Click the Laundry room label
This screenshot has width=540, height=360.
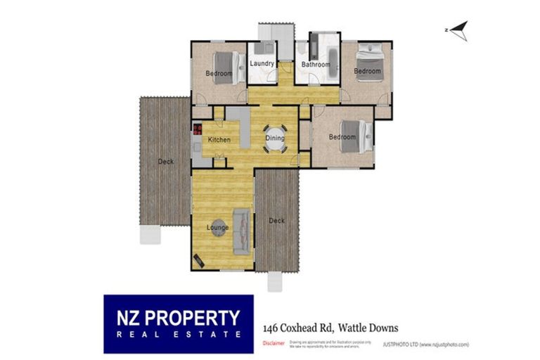pos(262,63)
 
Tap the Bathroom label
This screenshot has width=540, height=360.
pos(316,65)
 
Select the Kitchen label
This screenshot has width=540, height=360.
pos(219,140)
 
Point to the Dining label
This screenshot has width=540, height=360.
pos(275,138)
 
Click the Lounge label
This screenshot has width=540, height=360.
pos(218,227)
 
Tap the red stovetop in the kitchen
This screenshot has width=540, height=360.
pos(198,129)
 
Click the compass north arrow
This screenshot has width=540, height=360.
pos(458,30)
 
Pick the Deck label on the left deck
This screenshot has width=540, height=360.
pos(166,162)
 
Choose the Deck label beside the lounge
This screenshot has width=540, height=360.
pos(277,221)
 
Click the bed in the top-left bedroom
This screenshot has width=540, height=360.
pos(224,67)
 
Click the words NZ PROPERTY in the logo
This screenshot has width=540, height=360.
pos(174,318)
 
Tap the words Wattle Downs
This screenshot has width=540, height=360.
pos(368,328)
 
